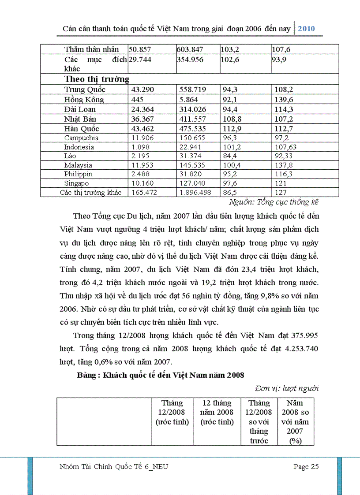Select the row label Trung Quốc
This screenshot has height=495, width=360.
[85, 90]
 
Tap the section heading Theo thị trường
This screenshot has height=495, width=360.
[97, 79]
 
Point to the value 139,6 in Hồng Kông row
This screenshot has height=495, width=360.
[285, 100]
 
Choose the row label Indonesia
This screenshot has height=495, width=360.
[79, 147]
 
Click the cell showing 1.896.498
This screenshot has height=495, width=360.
[195, 193]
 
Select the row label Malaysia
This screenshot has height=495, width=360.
[78, 165]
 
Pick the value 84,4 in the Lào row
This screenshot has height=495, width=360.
[229, 156]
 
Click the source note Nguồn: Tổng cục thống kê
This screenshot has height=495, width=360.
[274, 202]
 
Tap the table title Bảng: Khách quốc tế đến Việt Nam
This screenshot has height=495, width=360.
[160, 375]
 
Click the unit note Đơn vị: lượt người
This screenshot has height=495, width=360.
[287, 388]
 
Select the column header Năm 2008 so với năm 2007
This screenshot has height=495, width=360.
[295, 422]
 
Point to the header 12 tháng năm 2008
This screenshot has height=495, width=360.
[217, 413]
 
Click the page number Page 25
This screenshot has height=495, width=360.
[306, 467]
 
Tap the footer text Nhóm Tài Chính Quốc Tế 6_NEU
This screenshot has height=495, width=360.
[113, 467]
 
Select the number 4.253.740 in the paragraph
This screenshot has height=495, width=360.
[299, 349]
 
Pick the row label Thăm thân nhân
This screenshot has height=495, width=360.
[92, 49]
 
